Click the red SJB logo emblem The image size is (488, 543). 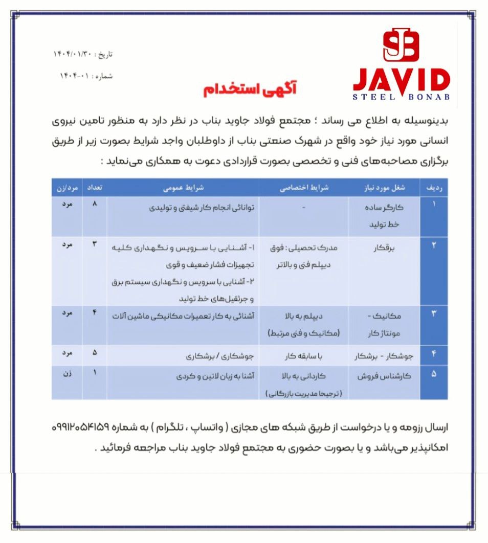point(401,45)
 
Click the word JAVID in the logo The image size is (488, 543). point(402,80)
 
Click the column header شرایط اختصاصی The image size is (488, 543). point(304,188)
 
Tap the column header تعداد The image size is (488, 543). point(95,188)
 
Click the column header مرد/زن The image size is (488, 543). point(67,188)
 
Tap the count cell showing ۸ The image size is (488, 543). point(95,203)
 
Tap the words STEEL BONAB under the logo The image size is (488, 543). point(402,97)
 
